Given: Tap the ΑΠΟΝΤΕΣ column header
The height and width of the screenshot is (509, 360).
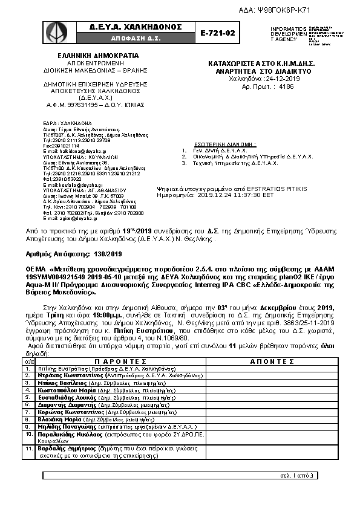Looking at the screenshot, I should pyautogui.click(x=272, y=361).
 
